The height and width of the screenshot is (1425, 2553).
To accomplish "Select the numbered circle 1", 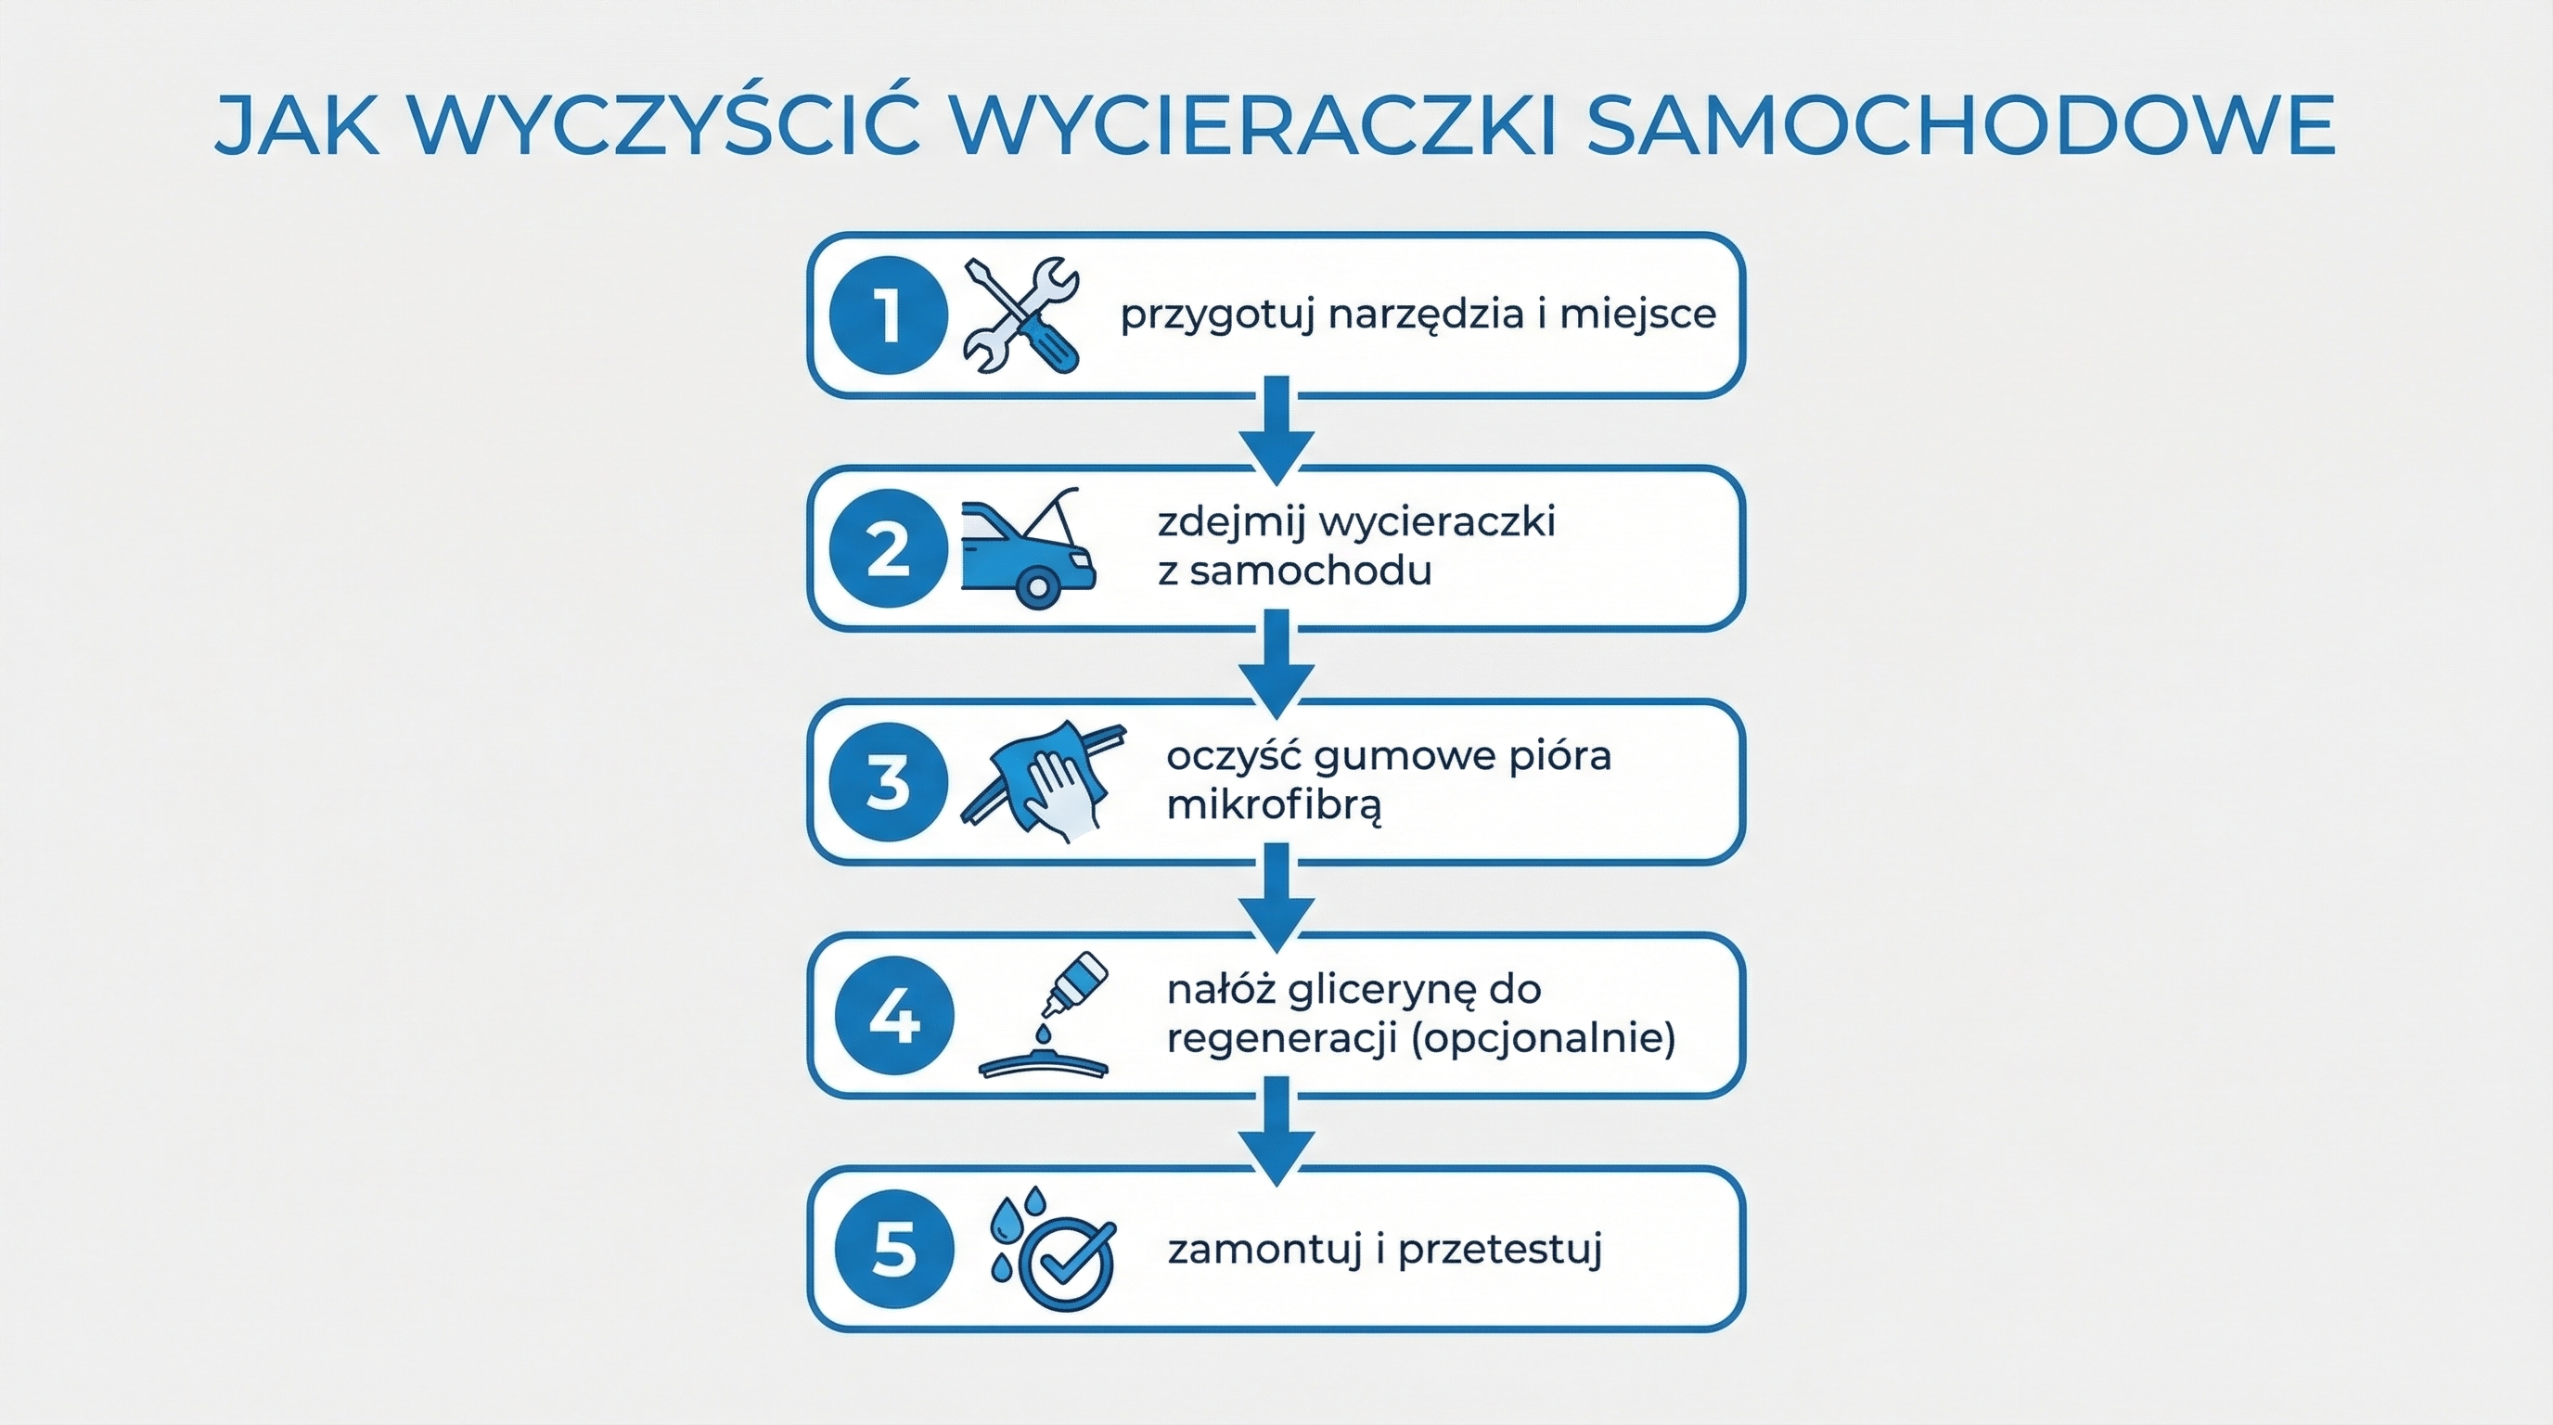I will [888, 315].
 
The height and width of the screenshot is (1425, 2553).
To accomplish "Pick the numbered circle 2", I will [888, 549].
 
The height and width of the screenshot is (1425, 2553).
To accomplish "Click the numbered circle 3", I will [888, 783].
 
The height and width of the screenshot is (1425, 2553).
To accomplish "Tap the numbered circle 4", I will [894, 1017].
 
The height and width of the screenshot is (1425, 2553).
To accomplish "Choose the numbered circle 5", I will [894, 1250].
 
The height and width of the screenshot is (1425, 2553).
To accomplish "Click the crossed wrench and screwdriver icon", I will [1021, 315].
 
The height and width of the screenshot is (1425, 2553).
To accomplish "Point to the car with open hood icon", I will [1029, 549].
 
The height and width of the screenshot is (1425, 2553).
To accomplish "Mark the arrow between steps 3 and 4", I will [1276, 898].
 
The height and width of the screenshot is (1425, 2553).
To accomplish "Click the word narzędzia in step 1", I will [1427, 315].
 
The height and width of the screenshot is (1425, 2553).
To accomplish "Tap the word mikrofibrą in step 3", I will [1274, 804].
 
